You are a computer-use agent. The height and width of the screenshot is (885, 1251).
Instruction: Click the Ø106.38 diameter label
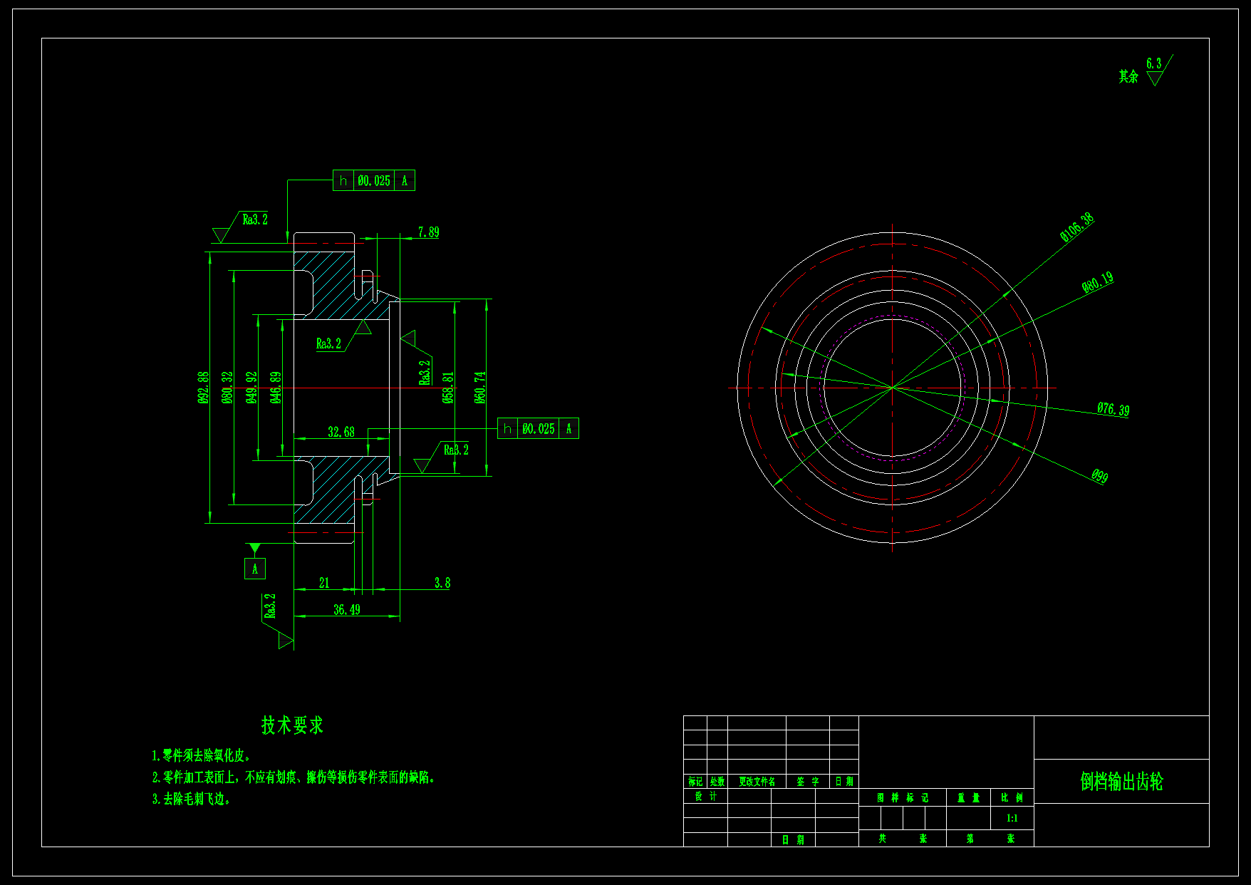[x=1076, y=227]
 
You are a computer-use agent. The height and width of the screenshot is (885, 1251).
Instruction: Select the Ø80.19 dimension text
[x=1097, y=283]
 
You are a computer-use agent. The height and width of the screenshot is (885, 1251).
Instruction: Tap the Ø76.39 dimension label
[x=1113, y=409]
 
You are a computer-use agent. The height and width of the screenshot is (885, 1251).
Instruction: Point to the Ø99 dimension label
[x=1099, y=476]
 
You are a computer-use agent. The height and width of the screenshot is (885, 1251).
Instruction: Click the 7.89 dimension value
[x=428, y=232]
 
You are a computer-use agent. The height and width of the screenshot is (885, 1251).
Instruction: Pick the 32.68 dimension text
[x=341, y=432]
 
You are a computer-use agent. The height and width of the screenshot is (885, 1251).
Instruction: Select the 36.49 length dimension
[x=347, y=609]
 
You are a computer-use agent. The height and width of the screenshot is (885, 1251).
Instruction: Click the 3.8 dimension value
[x=442, y=583]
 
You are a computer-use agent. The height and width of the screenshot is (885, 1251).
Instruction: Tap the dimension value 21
[x=324, y=583]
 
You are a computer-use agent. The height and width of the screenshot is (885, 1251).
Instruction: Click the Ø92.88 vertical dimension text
[x=204, y=387]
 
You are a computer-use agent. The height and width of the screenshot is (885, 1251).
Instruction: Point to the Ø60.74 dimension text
[x=480, y=387]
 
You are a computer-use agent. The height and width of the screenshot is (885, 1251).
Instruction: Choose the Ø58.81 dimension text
[x=448, y=387]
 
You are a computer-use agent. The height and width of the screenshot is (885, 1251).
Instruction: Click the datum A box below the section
[x=255, y=569]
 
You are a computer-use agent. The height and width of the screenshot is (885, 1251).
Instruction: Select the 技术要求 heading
[x=292, y=725]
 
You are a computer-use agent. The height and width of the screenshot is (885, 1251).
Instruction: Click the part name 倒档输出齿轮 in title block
[x=1121, y=782]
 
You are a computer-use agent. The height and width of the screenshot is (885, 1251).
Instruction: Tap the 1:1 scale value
[x=1012, y=818]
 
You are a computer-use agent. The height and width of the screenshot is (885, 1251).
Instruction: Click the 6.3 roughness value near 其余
[x=1153, y=63]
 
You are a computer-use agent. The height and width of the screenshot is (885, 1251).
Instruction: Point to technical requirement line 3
[x=191, y=799]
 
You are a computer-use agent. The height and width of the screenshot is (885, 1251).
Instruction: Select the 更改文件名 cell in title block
[x=757, y=782]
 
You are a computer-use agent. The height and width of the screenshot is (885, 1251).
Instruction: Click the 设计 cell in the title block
[x=705, y=797]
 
